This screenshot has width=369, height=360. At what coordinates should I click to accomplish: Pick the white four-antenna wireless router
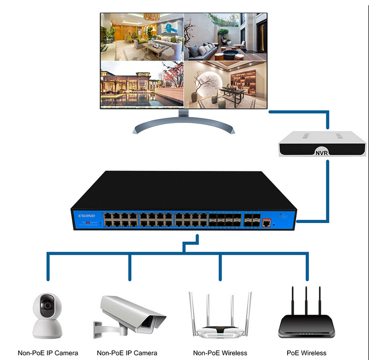219,318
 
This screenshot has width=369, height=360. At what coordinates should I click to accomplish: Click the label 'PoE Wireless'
306,353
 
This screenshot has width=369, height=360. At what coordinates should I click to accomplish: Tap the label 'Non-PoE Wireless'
219,353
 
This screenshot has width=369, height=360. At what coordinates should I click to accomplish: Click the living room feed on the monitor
141,36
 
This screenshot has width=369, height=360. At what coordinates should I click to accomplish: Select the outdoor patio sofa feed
225,36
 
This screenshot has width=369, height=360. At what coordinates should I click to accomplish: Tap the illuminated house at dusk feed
141,84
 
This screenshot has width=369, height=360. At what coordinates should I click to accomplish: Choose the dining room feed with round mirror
225,84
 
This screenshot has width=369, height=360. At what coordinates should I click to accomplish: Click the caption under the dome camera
48,353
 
